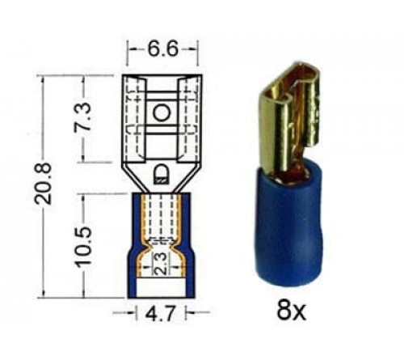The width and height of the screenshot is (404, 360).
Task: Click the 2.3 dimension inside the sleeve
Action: tap(162, 263)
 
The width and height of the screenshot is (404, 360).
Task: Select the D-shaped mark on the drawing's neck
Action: tap(162, 172)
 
